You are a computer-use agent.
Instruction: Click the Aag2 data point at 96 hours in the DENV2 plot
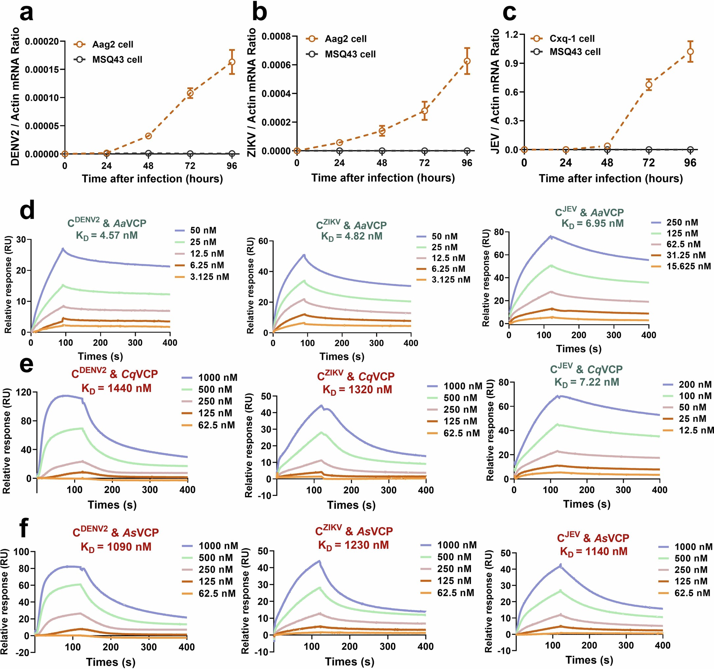[x=232, y=62]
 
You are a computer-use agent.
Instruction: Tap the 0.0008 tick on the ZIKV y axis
[x=276, y=37]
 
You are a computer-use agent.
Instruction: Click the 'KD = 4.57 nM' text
[x=107, y=236]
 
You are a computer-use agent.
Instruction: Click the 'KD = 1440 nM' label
[x=116, y=388]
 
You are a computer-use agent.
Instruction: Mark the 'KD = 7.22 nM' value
[x=587, y=382]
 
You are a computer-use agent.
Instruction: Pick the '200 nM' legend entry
[x=695, y=384]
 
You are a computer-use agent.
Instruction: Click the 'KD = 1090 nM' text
[x=116, y=547]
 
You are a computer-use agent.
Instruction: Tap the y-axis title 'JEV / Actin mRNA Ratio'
[x=496, y=91]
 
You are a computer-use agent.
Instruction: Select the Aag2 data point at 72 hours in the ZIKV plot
[x=425, y=111]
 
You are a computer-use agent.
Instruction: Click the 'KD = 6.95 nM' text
[x=592, y=223]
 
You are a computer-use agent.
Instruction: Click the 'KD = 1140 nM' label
[x=594, y=552]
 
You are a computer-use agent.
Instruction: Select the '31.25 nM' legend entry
[x=686, y=255]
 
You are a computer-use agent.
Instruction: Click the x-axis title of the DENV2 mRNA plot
[x=152, y=179]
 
